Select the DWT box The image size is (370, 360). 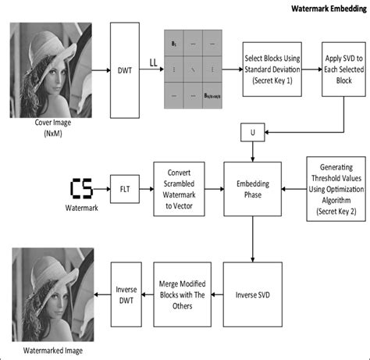click(124, 70)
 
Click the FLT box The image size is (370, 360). click(124, 189)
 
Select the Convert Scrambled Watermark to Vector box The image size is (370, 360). click(178, 189)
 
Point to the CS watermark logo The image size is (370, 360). click(81, 189)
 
